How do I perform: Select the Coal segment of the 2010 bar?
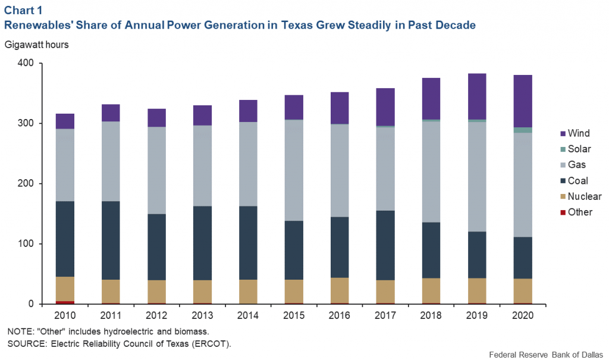coord(65,239)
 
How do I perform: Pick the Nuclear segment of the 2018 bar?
coord(431,290)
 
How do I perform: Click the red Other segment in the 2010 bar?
coord(65,302)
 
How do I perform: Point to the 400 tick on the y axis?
coord(28,63)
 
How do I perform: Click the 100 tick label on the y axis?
coord(28,244)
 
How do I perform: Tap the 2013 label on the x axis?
coord(202,314)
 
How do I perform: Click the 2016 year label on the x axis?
coord(340,314)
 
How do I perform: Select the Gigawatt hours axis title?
coord(37,45)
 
